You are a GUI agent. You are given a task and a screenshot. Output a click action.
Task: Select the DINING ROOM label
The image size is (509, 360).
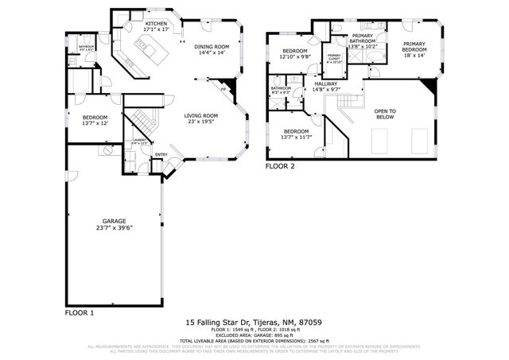click(212, 50)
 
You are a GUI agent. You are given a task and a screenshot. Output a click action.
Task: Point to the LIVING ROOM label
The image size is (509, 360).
click(201, 118)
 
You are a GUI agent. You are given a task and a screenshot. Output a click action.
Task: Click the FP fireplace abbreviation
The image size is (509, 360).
click(223, 90)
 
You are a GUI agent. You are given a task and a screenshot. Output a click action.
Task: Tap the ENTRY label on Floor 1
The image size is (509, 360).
click(161, 154)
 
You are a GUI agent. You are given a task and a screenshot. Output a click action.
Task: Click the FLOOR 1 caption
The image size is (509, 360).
click(80, 313)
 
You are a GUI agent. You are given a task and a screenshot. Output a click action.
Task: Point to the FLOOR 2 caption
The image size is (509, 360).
click(280, 167)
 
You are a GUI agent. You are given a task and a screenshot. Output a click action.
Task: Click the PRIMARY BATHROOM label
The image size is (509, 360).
click(363, 40)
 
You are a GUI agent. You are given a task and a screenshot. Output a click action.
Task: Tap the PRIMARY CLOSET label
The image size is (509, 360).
click(333, 58)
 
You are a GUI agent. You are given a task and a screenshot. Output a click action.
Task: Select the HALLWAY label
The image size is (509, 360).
click(326, 87)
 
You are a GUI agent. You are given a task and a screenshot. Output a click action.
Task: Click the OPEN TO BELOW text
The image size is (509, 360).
click(385, 113)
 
